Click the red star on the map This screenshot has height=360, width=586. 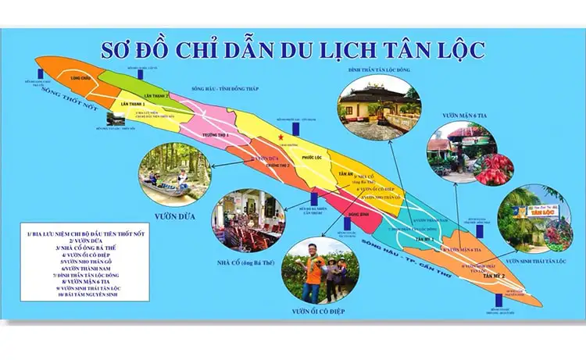pos(280,137)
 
